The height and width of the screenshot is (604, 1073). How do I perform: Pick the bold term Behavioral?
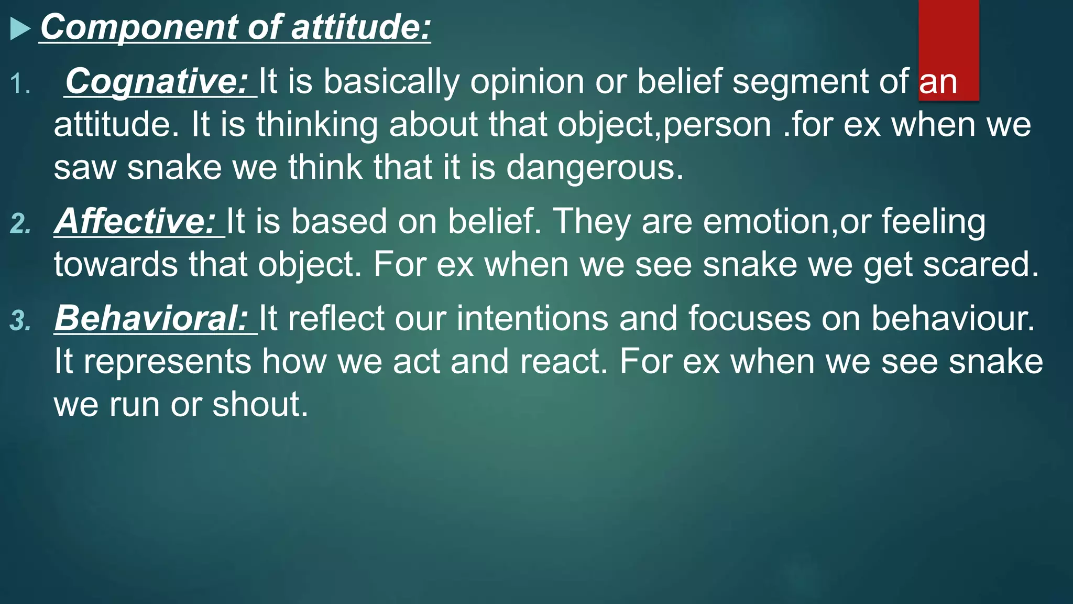pyautogui.click(x=151, y=318)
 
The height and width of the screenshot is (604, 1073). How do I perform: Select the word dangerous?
pyautogui.click(x=594, y=168)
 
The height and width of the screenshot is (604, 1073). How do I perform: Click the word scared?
pyautogui.click(x=980, y=264)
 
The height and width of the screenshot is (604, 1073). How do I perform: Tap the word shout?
pyautogui.click(x=260, y=405)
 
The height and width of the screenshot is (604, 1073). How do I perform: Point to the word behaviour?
pyautogui.click(x=952, y=318)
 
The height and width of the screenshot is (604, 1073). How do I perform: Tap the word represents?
pyautogui.click(x=168, y=362)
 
